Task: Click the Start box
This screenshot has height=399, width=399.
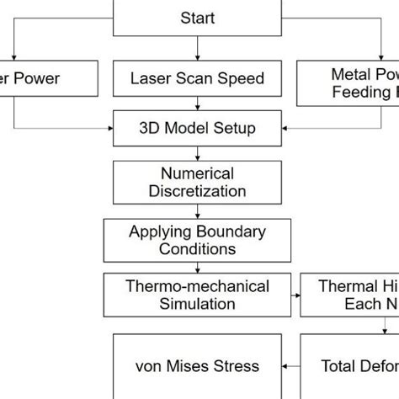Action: point(198,18)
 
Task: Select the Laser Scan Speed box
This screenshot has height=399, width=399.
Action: point(198,78)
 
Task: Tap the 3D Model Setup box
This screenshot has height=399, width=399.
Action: point(198,130)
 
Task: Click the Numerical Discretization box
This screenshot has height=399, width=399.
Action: point(198,182)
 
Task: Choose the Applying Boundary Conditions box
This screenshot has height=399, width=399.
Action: point(198,240)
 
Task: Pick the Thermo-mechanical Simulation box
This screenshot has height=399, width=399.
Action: point(198,295)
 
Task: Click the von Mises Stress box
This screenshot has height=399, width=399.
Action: point(198,365)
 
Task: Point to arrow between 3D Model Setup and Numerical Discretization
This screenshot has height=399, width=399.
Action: point(198,152)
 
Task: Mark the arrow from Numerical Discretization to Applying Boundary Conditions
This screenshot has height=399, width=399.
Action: point(198,210)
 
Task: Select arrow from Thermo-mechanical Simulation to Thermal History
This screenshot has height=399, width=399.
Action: point(295,295)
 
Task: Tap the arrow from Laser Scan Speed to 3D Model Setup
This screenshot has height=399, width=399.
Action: point(198,104)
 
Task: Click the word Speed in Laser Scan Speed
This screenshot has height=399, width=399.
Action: point(243,78)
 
